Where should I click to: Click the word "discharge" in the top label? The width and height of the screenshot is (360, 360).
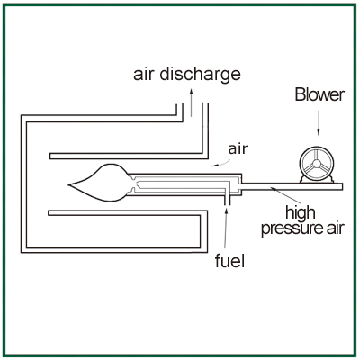click(200, 75)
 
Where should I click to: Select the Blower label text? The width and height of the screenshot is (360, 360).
click(319, 94)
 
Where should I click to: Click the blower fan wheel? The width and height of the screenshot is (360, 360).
click(317, 165)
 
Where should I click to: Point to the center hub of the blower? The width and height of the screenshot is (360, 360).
click(317, 164)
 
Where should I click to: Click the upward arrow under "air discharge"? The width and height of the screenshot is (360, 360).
click(191, 103)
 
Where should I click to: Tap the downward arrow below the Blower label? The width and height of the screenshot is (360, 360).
click(319, 124)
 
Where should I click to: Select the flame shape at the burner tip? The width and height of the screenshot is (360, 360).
click(99, 184)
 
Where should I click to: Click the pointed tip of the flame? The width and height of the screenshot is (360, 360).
click(68, 184)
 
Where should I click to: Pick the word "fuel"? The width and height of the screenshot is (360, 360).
click(229, 261)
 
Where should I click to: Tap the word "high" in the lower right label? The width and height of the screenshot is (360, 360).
click(301, 213)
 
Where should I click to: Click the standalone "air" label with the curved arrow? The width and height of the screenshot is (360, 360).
click(238, 148)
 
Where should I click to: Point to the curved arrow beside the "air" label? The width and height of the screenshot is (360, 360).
click(222, 164)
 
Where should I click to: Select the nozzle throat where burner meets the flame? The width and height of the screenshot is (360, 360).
click(132, 184)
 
